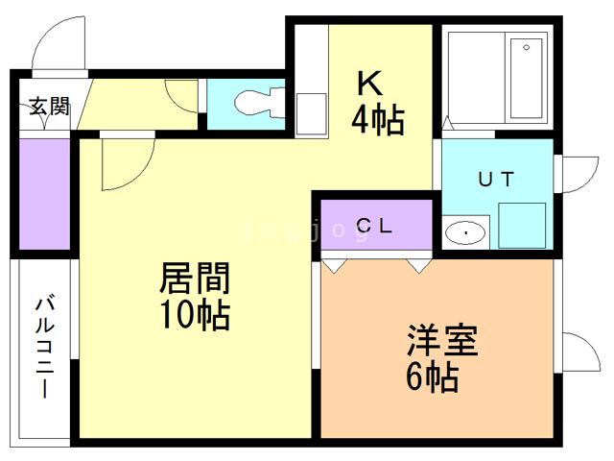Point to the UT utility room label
point(496,179)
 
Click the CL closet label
point(375,227)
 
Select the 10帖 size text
point(195,314)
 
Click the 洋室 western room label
point(440,341)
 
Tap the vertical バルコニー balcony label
point(44,346)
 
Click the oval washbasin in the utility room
point(467,231)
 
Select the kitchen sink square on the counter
point(311,113)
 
